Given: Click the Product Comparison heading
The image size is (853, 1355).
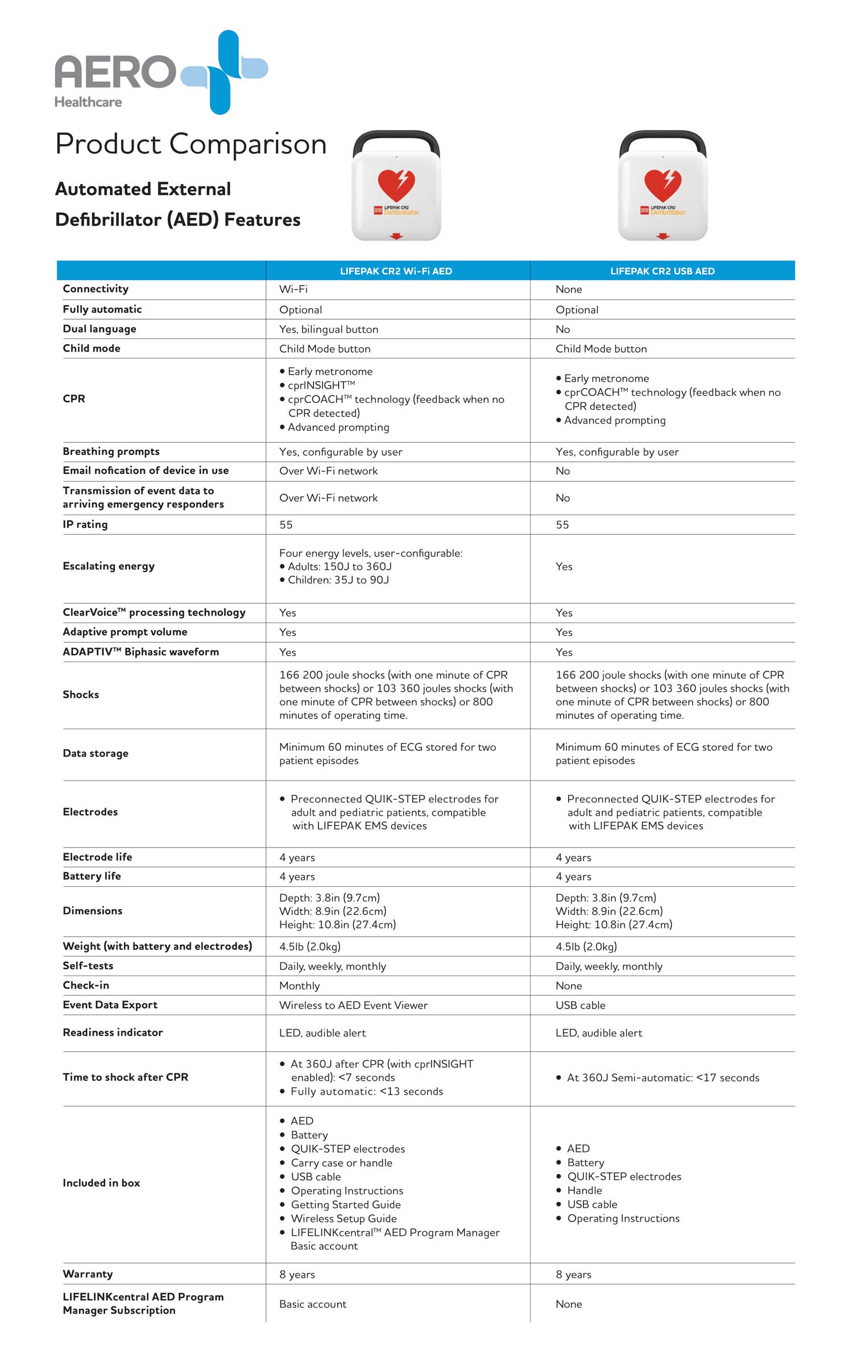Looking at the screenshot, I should pos(191,144).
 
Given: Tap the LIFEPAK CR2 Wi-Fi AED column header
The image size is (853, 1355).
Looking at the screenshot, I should pos(396,271).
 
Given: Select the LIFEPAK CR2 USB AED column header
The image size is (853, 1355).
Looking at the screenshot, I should pos(662,271).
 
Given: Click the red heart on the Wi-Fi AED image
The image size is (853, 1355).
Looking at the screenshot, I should pos(396,185).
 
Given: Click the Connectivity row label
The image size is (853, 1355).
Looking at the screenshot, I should pos(96,289).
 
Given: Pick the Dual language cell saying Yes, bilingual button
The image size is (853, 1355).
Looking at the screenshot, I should pos(328,329).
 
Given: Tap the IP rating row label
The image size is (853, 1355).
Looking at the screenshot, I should pos(85,524).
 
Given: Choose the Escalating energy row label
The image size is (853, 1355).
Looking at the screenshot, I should pos(109,566).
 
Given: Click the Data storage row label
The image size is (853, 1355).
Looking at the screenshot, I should pos(96,753).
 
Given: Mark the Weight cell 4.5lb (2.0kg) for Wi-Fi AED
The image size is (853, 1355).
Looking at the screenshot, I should pos(310,947).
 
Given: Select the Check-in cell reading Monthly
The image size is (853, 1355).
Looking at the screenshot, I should pos(299,986).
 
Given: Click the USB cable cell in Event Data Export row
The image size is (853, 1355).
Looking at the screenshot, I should pos(580,1005).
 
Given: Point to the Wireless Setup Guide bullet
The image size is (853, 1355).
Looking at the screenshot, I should pos(343,1218).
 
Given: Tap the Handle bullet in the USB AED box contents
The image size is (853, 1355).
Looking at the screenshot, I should pos(585,1191).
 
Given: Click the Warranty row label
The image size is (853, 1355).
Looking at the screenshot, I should pos(88,1274).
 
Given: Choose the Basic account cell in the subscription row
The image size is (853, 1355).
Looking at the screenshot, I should pos(313,1304).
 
